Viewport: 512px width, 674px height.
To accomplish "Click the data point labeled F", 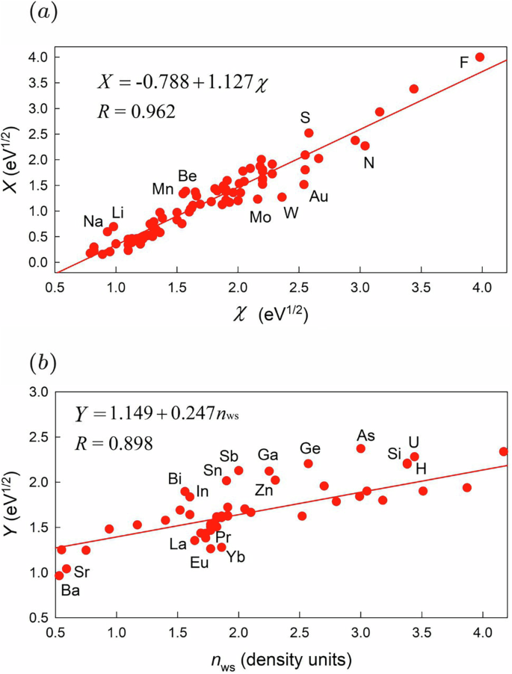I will pos(480,57).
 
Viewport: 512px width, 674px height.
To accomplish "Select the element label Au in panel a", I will pos(318,197).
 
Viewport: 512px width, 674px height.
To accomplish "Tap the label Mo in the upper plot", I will pos(260,217).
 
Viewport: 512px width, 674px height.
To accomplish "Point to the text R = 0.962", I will pos(137,112).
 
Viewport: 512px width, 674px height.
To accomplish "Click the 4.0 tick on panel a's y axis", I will pos(37,58).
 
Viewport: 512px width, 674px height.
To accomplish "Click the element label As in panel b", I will pos(366,435).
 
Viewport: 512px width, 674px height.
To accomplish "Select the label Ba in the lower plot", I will pos(70,590).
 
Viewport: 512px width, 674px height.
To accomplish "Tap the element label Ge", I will pos(310,448).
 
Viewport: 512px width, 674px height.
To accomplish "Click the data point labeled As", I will pos(361,448).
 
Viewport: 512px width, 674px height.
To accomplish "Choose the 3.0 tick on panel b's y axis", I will pos(37,392).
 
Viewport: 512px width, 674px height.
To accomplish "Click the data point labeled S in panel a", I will pos(309,133).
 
